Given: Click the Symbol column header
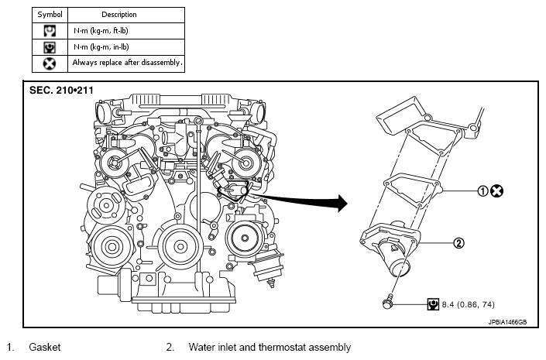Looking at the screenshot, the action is [50, 15].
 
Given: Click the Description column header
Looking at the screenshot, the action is [119, 15].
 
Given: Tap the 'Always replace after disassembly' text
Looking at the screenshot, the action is [128, 63].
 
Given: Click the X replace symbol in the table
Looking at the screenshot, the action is [50, 63].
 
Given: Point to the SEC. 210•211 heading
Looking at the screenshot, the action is [61, 90].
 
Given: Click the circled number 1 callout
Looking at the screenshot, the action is [482, 190].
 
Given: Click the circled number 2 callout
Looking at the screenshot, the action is [459, 242].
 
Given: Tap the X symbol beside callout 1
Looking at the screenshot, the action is [496, 190].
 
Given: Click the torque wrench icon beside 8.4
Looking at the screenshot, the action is [433, 304].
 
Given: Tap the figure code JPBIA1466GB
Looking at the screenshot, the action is [507, 322].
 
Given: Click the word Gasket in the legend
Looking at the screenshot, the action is [45, 347].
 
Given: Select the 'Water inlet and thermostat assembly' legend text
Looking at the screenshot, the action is [270, 347].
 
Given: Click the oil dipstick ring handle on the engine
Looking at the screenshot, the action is [198, 121].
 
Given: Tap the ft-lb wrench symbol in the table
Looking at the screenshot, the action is [50, 31].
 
